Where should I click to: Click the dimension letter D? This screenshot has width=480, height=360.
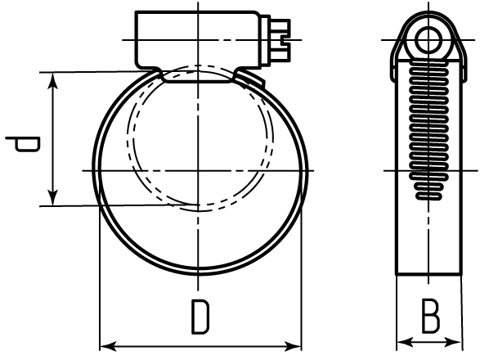[200, 317]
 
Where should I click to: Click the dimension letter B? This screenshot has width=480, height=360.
[430, 316]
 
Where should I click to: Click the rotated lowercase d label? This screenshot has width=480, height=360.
[23, 144]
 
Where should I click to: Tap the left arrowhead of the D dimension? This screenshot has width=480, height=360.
[107, 347]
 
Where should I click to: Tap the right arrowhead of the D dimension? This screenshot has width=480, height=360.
[294, 347]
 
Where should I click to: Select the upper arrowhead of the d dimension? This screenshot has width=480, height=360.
[53, 80]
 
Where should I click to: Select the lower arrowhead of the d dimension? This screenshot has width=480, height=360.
[53, 198]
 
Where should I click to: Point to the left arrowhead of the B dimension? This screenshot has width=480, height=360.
[404, 341]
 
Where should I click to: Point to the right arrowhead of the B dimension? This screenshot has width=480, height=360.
[454, 341]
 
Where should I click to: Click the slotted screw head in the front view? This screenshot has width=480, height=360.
[279, 40]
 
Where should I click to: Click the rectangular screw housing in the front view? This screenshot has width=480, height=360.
[198, 40]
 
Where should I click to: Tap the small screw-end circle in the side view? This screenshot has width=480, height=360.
[428, 40]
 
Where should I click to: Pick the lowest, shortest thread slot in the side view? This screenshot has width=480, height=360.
[428, 196]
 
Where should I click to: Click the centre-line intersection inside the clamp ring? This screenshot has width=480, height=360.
[199, 170]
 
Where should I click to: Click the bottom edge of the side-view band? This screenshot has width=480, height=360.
[428, 274]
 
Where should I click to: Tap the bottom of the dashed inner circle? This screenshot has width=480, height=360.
[199, 210]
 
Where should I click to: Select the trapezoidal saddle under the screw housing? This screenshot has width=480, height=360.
[198, 76]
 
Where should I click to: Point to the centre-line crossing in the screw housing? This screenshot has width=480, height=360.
[199, 40]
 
